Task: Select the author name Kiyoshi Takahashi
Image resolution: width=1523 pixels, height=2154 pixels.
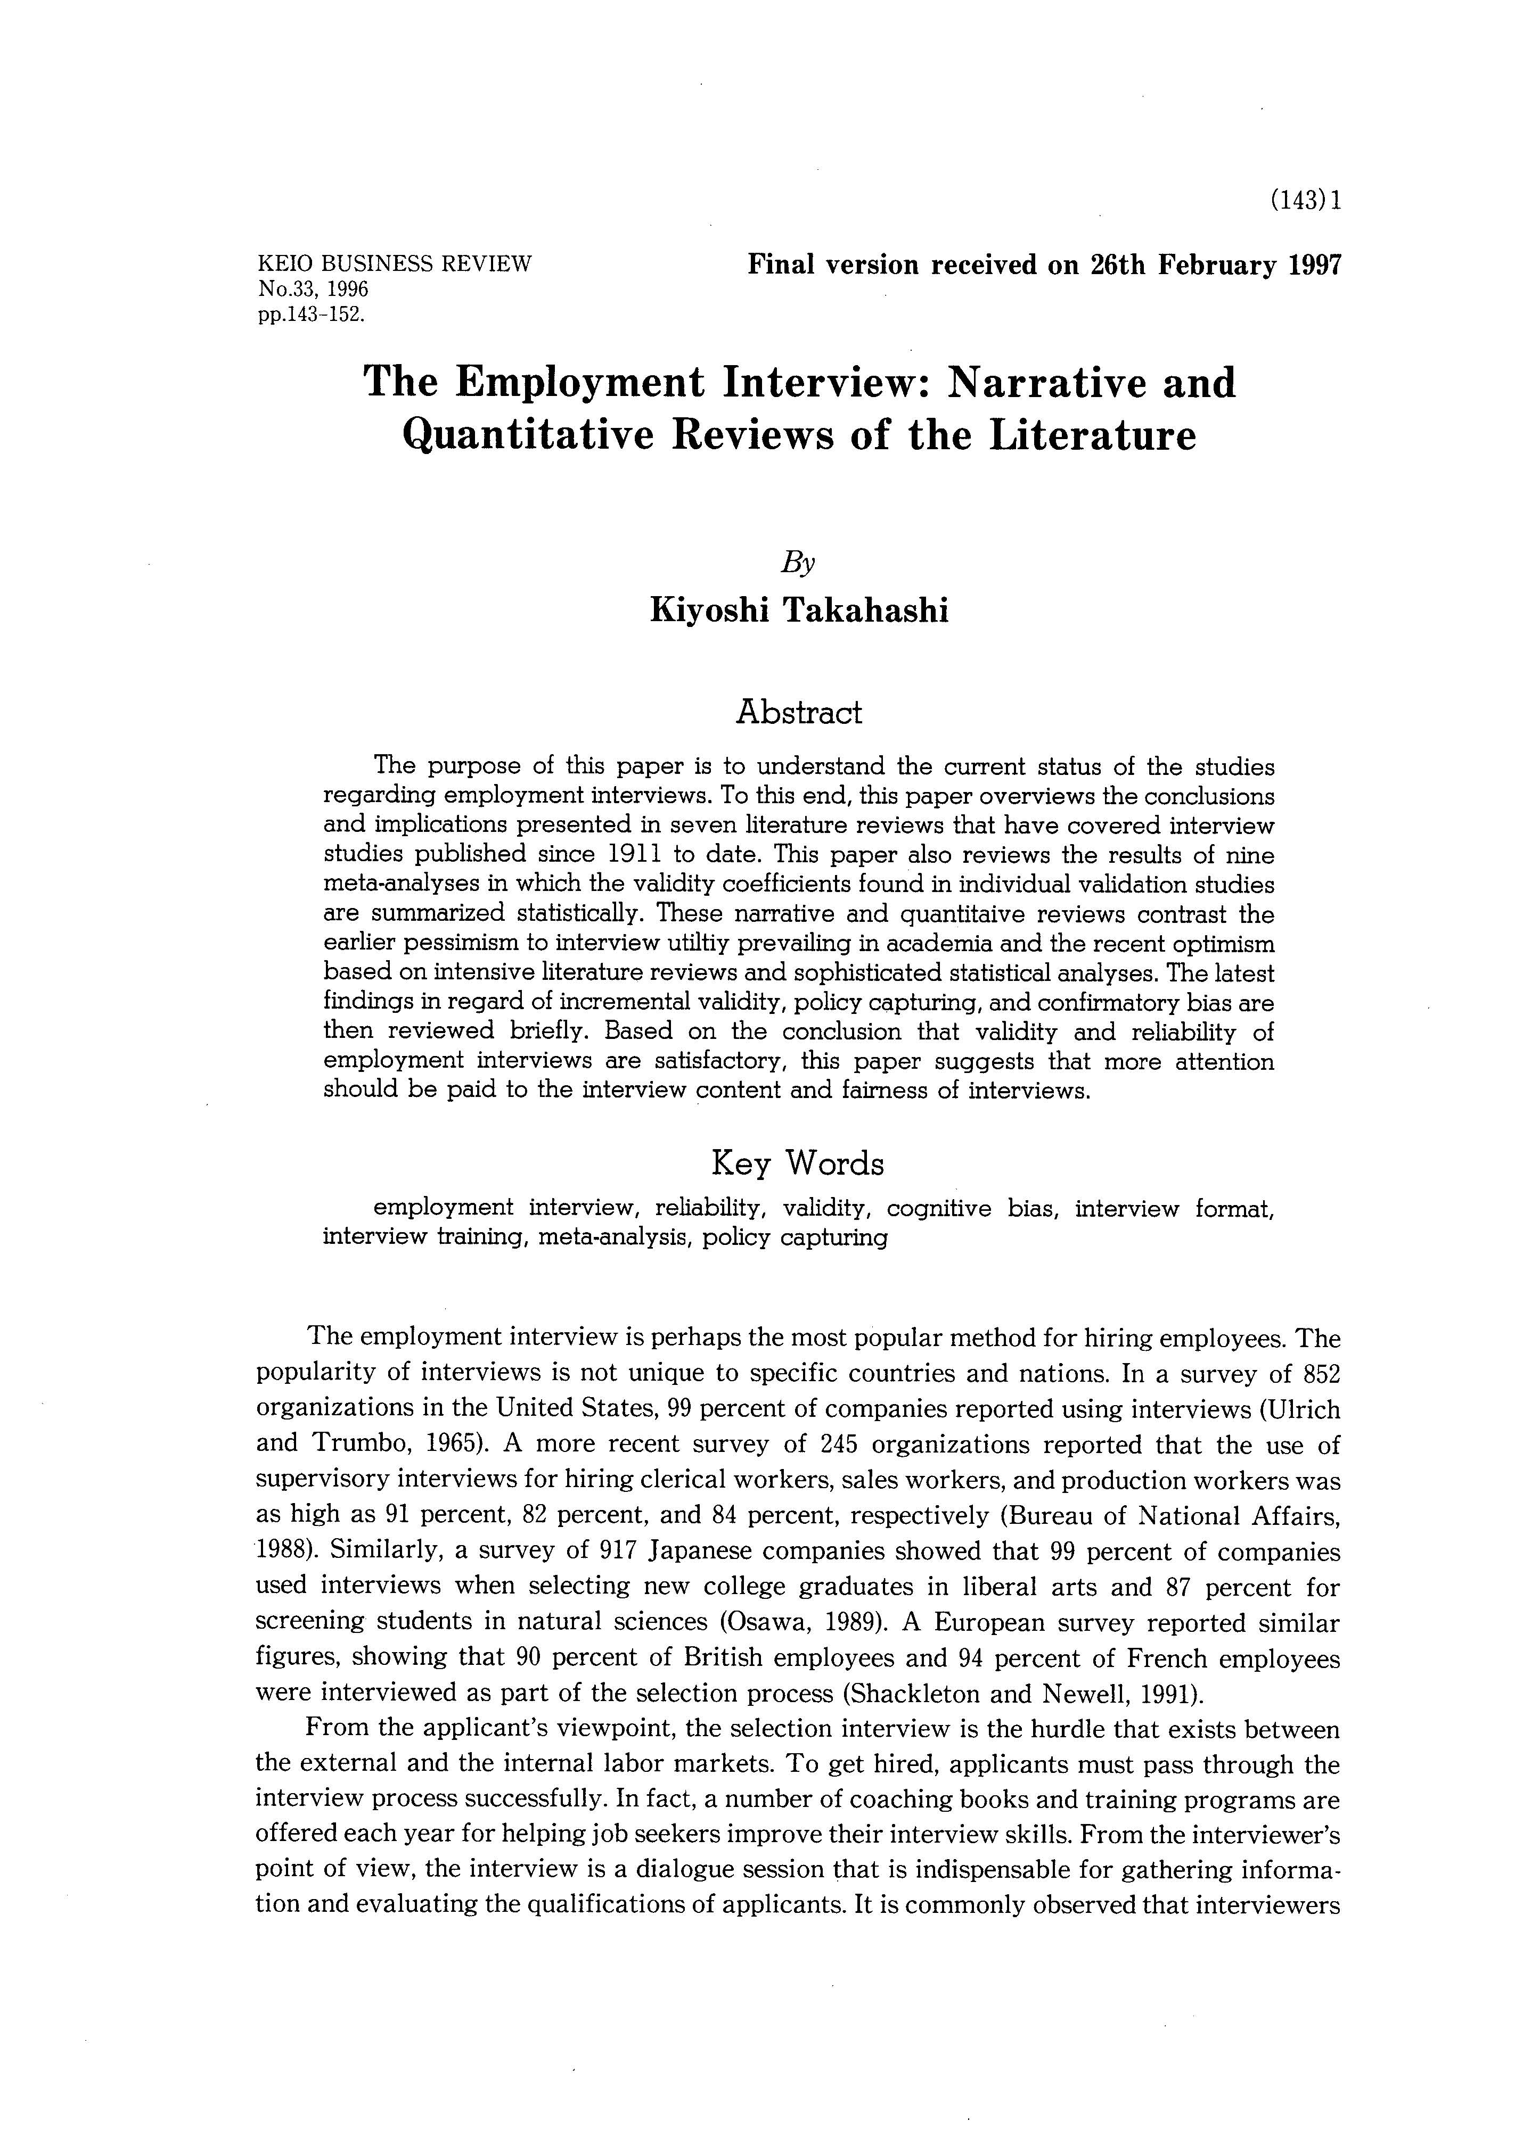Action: coord(799,610)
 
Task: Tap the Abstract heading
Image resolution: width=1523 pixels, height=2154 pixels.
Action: coord(799,713)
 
